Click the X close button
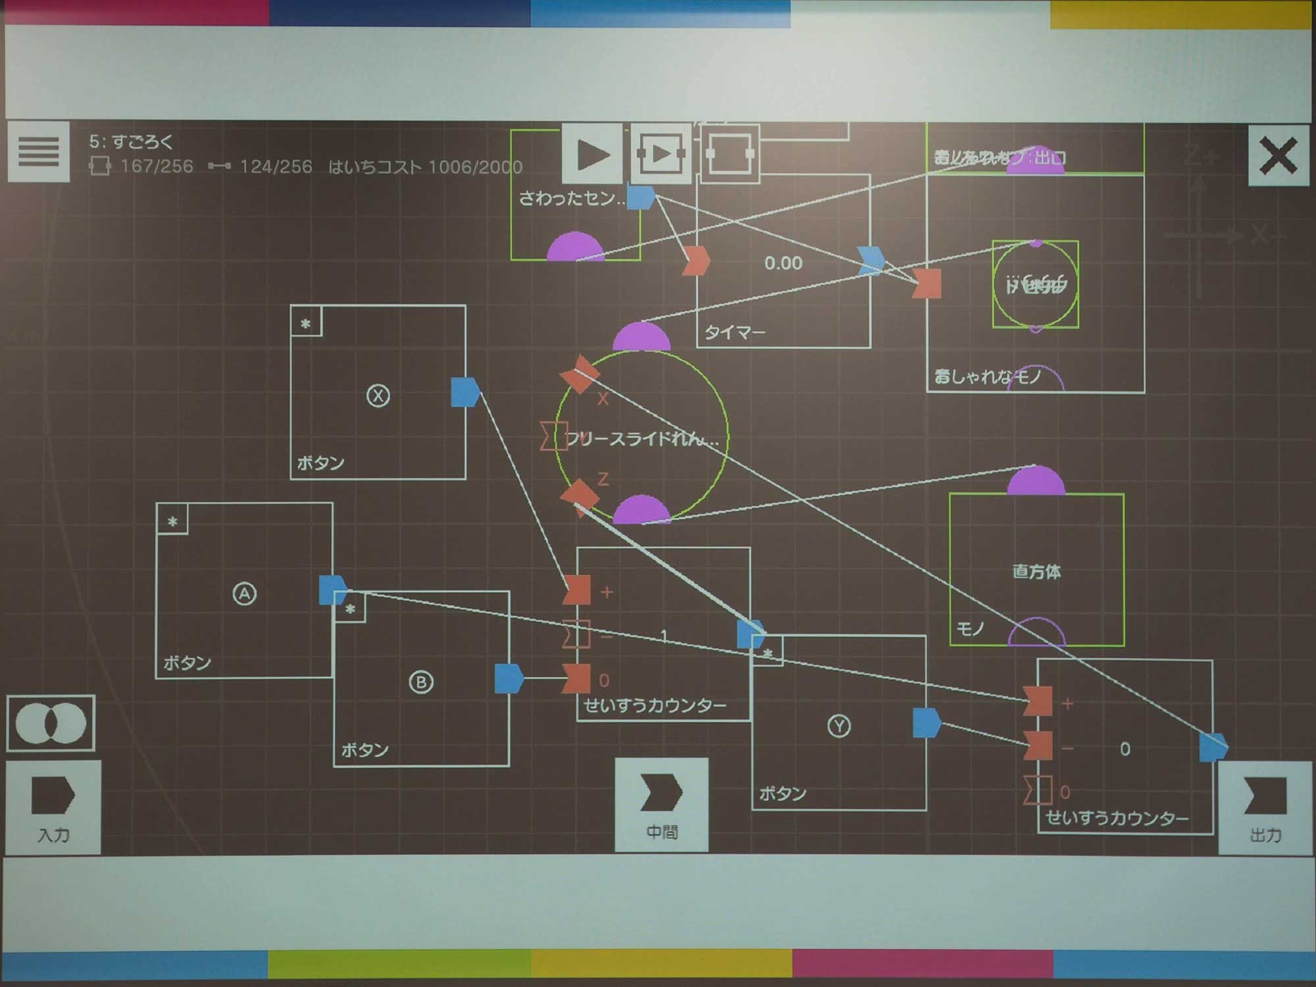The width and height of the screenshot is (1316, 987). tap(1278, 156)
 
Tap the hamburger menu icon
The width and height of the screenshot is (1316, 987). tap(38, 151)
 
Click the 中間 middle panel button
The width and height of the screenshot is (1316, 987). tap(661, 805)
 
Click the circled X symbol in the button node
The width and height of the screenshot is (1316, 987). tap(378, 395)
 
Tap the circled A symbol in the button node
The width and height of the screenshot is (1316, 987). tap(244, 594)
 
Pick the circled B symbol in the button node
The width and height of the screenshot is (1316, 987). tap(421, 682)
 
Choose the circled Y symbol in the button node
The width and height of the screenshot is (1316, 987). tap(838, 726)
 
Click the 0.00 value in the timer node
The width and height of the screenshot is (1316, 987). tap(783, 263)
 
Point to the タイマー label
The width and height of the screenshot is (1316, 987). tap(735, 332)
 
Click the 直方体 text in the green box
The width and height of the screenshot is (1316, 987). tap(1036, 571)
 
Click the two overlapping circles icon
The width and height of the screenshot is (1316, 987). tap(51, 723)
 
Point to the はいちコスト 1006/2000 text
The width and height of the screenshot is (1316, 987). tap(425, 167)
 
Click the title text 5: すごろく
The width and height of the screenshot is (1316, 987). tap(131, 141)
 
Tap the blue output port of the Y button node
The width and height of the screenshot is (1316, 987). tap(926, 722)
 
